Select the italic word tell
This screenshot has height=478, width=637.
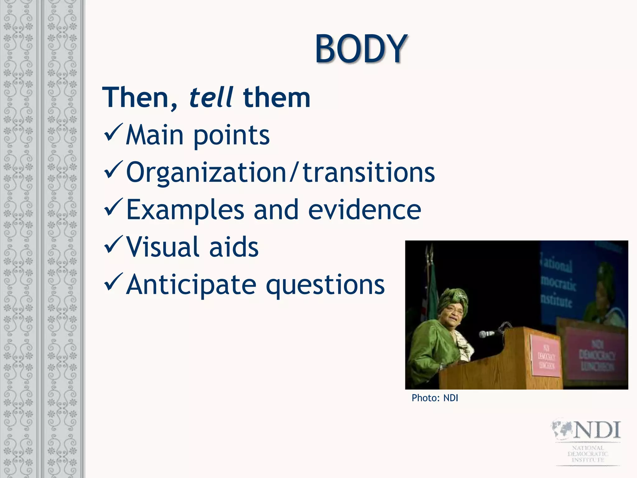[211, 97]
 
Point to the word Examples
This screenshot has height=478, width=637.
[185, 210]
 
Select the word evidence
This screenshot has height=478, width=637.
[365, 210]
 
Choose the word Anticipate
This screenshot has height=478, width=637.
[191, 285]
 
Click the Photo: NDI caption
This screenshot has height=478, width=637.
[435, 398]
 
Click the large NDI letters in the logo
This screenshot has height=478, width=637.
[597, 430]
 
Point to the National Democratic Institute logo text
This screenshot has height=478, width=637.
[588, 454]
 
